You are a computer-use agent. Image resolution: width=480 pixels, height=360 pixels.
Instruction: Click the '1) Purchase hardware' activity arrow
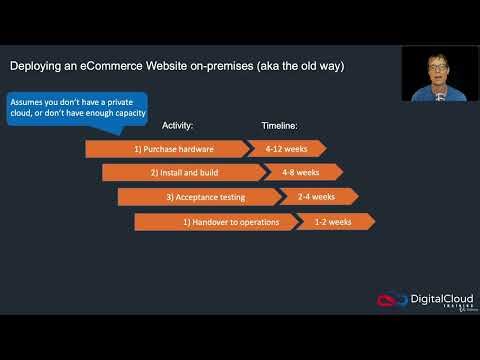tap(166, 149)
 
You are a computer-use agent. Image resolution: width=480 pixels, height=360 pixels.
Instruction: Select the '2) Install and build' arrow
tap(181, 172)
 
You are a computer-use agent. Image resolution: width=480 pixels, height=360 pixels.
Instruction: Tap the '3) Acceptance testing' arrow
tap(198, 197)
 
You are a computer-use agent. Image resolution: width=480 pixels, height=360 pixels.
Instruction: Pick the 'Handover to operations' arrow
tap(214, 221)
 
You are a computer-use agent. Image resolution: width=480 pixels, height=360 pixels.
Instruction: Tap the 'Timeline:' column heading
tap(280, 125)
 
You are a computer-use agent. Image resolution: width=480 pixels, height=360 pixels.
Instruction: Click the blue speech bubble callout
tap(77, 106)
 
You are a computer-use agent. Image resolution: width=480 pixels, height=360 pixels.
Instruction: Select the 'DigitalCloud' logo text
tap(438, 298)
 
